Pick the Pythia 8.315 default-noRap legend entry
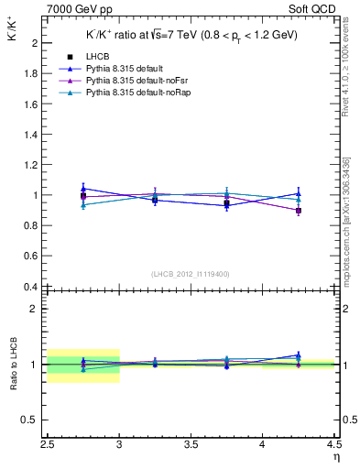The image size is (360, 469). coord(133,93)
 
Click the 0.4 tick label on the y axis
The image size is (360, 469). coord(29,287)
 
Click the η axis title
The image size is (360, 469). coord(334,460)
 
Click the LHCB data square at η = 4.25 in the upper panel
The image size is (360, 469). coord(299,211)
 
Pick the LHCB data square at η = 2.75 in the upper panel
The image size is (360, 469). coord(83,196)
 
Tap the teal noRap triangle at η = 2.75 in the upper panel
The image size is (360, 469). coord(83,205)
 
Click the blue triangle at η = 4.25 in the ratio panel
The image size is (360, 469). coord(299,354)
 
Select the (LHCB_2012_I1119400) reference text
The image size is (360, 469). coord(191,273)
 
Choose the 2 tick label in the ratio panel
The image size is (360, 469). coord(34,309)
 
